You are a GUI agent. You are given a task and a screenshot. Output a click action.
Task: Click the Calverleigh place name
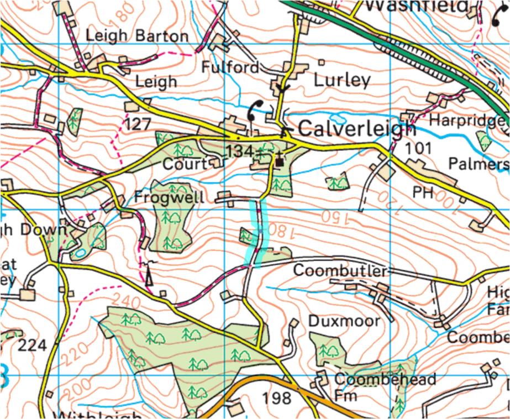(356, 129)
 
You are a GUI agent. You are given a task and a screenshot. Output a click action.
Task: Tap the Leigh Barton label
(137, 36)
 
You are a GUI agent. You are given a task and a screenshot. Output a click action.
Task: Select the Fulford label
(230, 67)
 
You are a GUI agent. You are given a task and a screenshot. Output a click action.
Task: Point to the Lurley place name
(341, 80)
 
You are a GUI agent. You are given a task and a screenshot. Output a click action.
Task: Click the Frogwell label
(169, 197)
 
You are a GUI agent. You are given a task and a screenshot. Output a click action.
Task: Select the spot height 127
(138, 124)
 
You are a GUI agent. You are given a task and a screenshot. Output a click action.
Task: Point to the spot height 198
(277, 397)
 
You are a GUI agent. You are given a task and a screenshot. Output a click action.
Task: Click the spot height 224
(33, 346)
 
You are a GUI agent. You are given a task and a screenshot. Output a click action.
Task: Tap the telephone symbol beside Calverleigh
(255, 110)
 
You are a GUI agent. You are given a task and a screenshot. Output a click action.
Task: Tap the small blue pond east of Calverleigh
(338, 118)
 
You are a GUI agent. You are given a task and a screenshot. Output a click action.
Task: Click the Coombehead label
(385, 380)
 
